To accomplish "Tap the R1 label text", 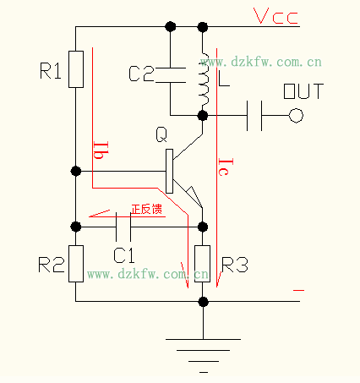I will pos(51,72).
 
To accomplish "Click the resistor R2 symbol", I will pos(76,263).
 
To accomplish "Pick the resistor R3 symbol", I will pos(204,263).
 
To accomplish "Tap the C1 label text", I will pos(125,253).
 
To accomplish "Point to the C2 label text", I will pos(141,75).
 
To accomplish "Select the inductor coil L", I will pos(204,73).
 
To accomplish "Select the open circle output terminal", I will pos(296,114).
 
